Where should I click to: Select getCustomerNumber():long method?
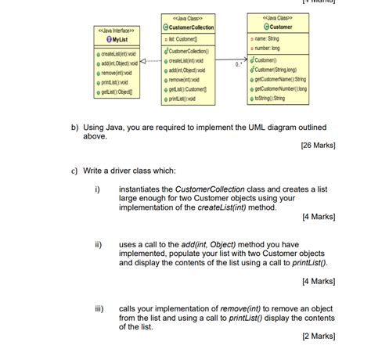point(293,90)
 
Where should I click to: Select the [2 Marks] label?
point(319,337)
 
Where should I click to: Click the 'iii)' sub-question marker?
point(99,308)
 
